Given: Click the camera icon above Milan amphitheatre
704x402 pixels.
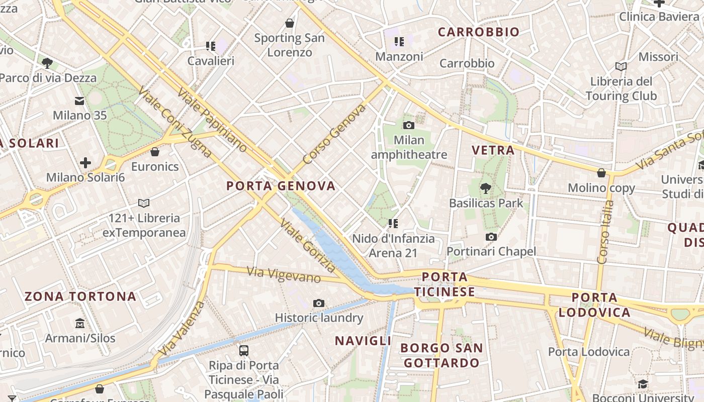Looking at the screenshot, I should pos(408,125).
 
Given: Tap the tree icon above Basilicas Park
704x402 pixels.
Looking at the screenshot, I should pos(485,188).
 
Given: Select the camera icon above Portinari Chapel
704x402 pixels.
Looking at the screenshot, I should pos(491,237).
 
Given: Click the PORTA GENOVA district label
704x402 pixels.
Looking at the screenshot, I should pos(281,186).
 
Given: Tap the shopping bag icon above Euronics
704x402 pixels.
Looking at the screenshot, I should pos(155,152).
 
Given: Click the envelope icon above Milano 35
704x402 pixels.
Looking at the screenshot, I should pos(79,101).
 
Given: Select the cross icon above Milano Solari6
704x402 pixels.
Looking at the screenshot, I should pos(85,163).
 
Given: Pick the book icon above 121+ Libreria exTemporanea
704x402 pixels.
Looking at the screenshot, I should pos(144,204).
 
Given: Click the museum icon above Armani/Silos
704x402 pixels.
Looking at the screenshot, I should pos(80,323).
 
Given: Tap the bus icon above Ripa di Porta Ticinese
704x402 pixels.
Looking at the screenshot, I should pos(243,350).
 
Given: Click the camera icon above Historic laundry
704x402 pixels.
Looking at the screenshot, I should pos(318,303).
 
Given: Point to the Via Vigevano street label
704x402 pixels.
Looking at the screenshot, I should pos(284,274).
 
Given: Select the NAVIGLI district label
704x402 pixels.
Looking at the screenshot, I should pos(363,341).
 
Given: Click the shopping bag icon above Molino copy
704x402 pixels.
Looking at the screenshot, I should pos(601,173).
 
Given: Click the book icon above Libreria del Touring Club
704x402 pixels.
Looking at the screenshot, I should pos(621,66).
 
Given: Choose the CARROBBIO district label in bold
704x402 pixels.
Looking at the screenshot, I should pos(478,32).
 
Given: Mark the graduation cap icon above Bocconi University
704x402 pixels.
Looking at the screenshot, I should pos(643,384).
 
